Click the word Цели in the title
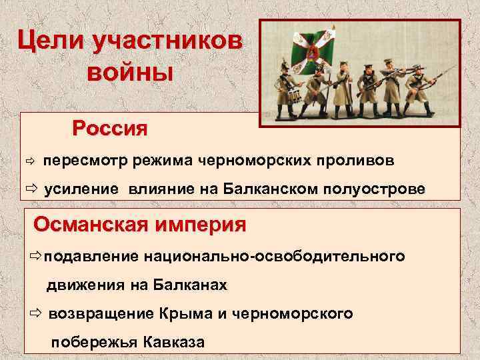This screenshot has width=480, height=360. click(x=54, y=41)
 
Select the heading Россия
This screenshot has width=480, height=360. click(x=110, y=127)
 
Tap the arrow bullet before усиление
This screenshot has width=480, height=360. click(x=31, y=189)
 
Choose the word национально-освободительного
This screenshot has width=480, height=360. click(x=281, y=257)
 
